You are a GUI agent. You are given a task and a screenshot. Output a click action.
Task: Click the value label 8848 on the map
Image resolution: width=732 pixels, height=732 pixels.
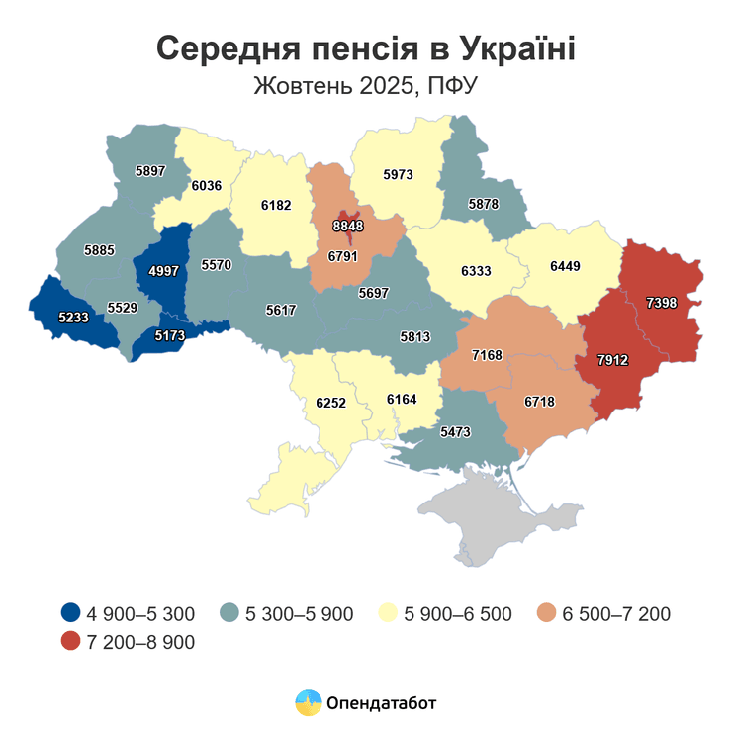tap(347, 226)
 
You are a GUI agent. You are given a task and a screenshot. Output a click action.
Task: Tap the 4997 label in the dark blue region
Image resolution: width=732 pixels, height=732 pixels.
tap(163, 271)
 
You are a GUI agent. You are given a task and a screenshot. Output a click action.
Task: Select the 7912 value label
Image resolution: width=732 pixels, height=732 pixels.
tap(612, 361)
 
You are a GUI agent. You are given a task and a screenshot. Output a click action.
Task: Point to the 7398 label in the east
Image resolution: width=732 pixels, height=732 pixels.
tap(661, 303)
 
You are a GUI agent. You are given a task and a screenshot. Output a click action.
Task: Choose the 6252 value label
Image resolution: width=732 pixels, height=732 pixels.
tap(330, 403)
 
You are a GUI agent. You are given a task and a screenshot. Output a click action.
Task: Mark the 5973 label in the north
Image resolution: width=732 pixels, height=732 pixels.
tap(397, 175)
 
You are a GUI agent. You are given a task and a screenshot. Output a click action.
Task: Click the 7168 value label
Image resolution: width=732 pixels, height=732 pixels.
tap(488, 354)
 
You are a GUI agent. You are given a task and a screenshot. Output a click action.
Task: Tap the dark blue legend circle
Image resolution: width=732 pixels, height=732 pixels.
tap(71, 613)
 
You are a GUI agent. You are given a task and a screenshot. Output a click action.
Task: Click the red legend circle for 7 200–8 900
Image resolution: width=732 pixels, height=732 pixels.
tap(71, 642)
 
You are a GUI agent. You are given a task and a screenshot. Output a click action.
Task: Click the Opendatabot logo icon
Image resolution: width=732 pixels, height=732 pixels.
tap(310, 703)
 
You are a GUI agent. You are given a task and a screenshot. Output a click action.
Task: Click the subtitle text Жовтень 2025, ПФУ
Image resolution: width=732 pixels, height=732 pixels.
tap(366, 86)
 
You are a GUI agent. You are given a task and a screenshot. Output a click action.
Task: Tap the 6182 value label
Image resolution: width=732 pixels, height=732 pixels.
tap(276, 205)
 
